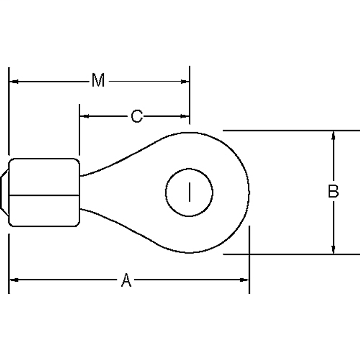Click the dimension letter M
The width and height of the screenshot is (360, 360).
tap(98, 81)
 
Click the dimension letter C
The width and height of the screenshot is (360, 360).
tap(136, 116)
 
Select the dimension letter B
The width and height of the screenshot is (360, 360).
tap(333, 191)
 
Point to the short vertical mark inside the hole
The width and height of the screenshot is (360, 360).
tap(189, 192)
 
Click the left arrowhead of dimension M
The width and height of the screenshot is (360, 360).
tap(14, 81)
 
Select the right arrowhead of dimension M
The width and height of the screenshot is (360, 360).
tap(185, 81)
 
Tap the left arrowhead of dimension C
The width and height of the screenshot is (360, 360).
tap(84, 116)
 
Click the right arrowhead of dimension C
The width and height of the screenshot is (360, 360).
tap(185, 116)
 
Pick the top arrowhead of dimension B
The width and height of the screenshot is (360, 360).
tap(334, 135)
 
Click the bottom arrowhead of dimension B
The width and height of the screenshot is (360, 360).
tap(334, 249)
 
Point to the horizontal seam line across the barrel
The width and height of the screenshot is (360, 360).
tap(44, 194)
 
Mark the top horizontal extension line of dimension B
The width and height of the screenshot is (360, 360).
tap(288, 131)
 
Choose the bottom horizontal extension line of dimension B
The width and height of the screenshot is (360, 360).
tap(288, 254)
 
